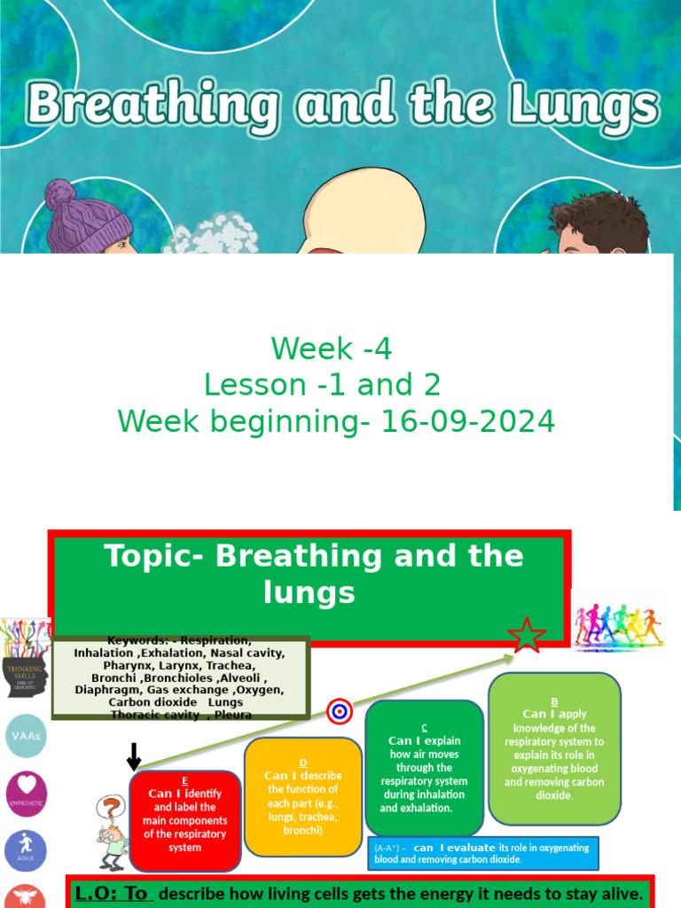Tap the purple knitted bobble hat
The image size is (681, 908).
(x=87, y=217)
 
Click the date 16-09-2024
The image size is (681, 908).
(x=467, y=422)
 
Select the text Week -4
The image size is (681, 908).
(x=331, y=349)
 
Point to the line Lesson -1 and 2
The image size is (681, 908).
(x=322, y=385)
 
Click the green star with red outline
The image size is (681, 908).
(x=526, y=636)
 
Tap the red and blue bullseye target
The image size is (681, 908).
(x=340, y=711)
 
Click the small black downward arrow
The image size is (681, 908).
(x=134, y=756)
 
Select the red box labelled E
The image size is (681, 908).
(x=184, y=820)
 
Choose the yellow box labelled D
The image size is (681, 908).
(x=303, y=796)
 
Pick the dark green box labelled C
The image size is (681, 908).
(x=424, y=768)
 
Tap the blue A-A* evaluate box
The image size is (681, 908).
(x=483, y=853)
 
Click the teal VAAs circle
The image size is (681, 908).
(x=26, y=736)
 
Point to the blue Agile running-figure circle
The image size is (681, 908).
(x=26, y=850)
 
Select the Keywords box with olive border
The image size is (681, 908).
(x=180, y=677)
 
